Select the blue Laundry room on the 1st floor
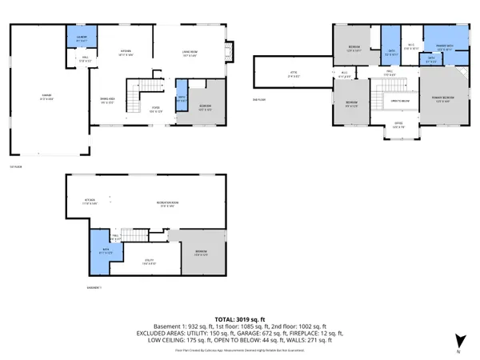pyautogui.click(x=82, y=39)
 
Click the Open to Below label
pyautogui.click(x=400, y=100)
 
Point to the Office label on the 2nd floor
pyautogui.click(x=398, y=123)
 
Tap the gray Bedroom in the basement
pyautogui.click(x=201, y=252)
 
